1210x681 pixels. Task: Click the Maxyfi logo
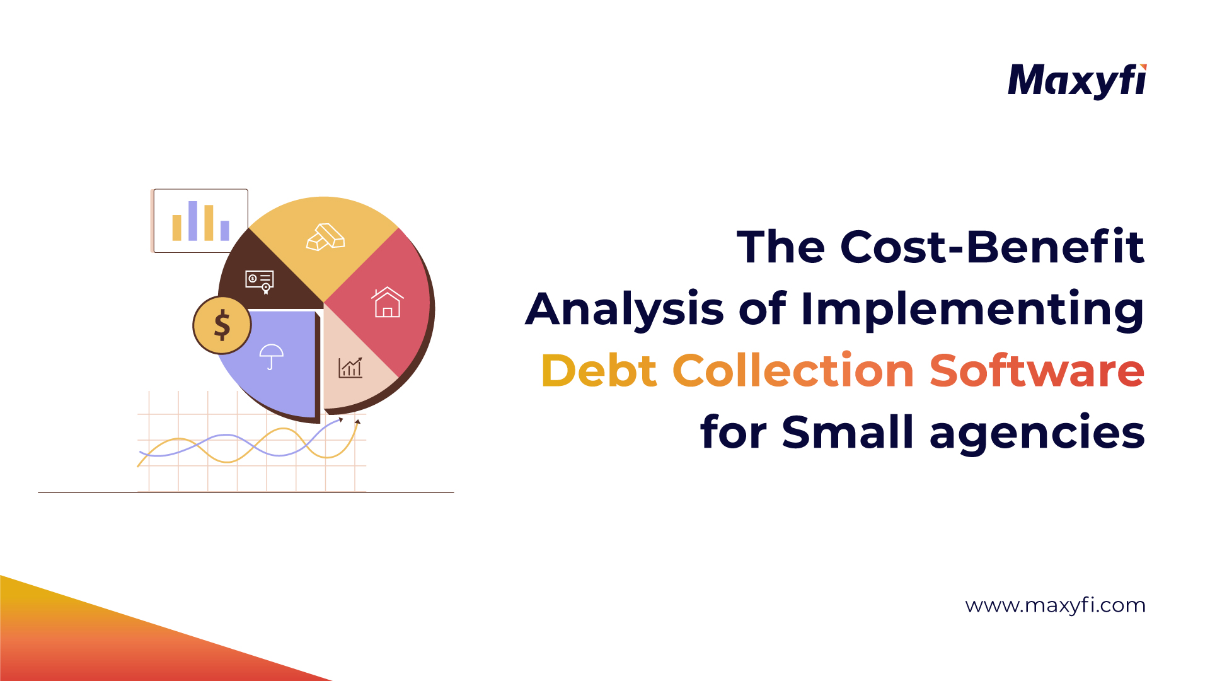pos(1076,81)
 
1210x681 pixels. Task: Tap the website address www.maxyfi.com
pos(1055,605)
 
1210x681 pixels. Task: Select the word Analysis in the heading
pos(625,310)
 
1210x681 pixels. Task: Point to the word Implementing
pos(972,310)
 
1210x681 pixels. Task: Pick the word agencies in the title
pos(1037,433)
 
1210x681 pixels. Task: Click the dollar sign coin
pos(222,325)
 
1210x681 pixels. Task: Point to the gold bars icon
pos(325,237)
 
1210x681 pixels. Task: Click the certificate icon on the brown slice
pos(260,281)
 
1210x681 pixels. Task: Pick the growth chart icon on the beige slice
pos(350,368)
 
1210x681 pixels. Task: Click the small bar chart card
pos(200,221)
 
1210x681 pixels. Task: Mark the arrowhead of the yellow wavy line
pos(357,421)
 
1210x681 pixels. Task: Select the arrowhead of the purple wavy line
pos(341,419)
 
